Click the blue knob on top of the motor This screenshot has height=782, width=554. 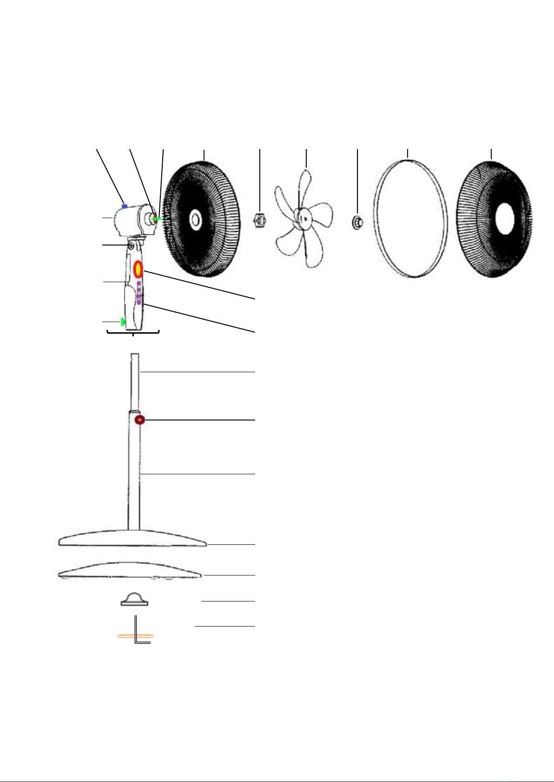pos(124,206)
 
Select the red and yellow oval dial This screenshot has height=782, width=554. pos(138,269)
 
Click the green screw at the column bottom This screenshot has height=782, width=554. pos(123,321)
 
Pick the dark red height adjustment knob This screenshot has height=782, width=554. pos(140,420)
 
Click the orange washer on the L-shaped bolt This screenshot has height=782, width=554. pos(135,635)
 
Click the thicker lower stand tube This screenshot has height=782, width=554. pos(134,473)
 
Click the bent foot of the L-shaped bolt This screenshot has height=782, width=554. pos(144,643)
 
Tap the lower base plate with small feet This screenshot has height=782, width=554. pos(130,572)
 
